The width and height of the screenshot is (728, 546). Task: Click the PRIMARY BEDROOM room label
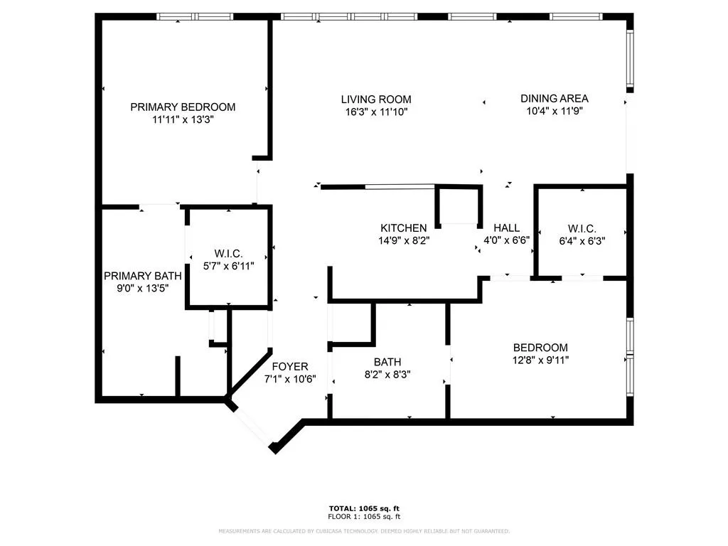coord(183,107)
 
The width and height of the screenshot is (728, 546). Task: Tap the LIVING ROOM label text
coord(375,100)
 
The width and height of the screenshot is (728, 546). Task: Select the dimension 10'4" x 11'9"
coord(555,111)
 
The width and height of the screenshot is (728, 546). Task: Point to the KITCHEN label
coord(404,227)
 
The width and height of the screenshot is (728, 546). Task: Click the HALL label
coord(506,227)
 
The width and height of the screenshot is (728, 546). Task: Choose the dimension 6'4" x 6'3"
coord(582,240)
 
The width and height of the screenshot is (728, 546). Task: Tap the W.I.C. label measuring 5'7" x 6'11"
coord(229,253)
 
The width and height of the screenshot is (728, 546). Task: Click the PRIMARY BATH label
coord(142,276)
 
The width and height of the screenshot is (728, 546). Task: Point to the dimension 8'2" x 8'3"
coord(387,374)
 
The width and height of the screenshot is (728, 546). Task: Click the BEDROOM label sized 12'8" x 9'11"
coord(540,348)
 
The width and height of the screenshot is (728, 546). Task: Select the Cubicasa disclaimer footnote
coord(364,531)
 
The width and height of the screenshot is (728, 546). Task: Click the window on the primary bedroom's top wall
coord(196,16)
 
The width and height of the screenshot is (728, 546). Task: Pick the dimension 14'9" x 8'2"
coord(404,240)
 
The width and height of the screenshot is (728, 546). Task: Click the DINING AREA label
coord(555,99)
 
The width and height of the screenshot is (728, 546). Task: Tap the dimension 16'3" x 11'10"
coord(375,112)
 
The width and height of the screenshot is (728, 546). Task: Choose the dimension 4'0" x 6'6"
coord(506,240)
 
